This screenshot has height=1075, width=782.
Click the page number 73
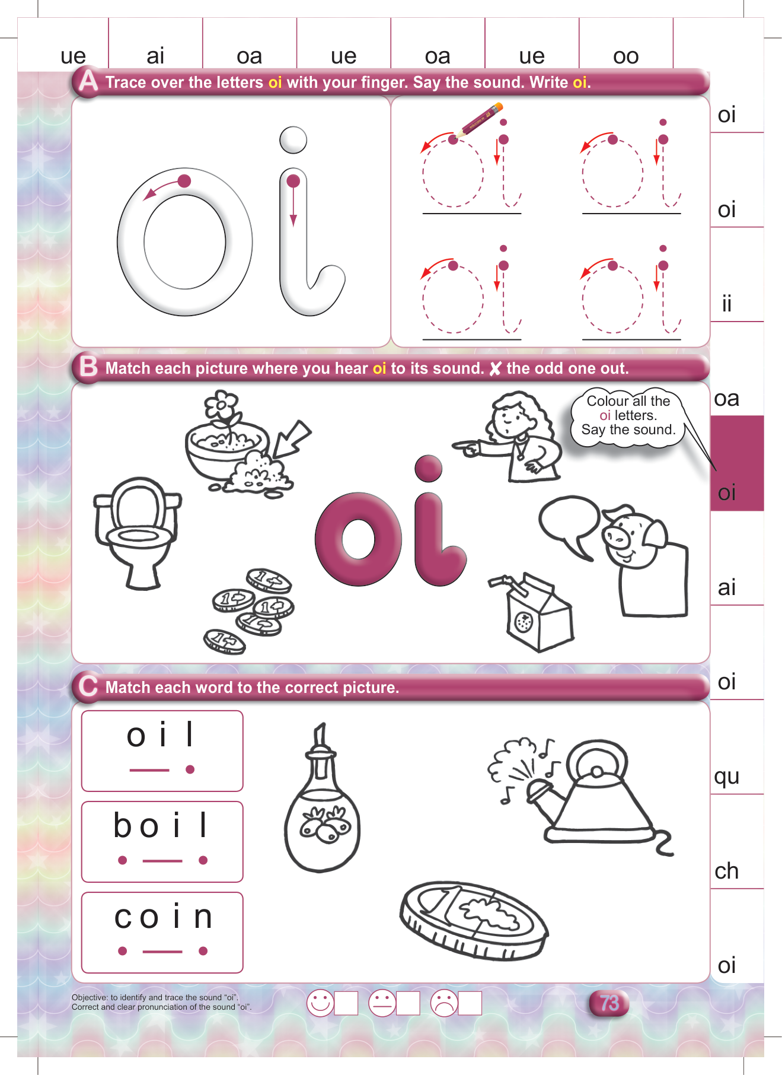(x=609, y=1003)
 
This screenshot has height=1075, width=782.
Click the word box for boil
(x=162, y=841)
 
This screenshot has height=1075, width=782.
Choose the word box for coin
(x=162, y=933)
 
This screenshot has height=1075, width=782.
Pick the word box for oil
(x=162, y=750)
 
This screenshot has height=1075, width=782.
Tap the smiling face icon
(x=320, y=1003)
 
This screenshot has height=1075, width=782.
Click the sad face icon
(x=444, y=1003)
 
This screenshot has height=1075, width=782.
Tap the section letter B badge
(x=88, y=367)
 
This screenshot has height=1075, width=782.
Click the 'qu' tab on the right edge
(x=726, y=775)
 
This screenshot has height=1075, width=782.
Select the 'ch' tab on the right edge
(x=726, y=870)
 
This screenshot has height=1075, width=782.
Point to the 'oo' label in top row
(x=625, y=56)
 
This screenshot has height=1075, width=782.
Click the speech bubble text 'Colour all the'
(x=628, y=401)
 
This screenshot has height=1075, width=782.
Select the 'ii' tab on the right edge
(x=726, y=304)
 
